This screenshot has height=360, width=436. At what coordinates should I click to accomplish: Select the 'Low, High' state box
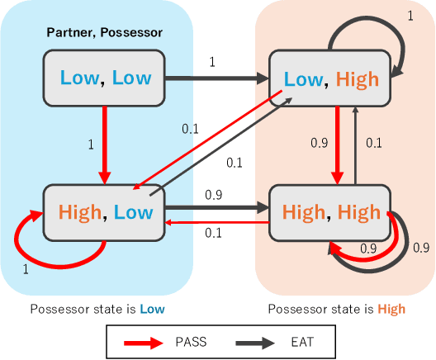pos(331,78)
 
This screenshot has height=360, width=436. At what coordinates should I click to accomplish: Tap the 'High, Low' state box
pos(105,212)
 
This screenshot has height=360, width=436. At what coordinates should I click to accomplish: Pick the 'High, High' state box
pos(331,212)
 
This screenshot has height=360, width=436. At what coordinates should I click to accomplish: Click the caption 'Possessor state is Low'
pos(97,310)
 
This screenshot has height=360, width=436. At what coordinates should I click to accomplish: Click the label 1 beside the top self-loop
pos(410,17)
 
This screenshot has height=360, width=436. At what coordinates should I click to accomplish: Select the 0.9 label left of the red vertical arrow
pos(318,143)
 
